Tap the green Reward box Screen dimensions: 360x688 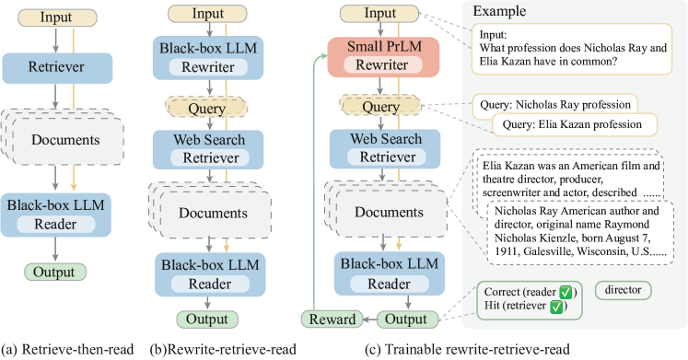(x=330, y=319)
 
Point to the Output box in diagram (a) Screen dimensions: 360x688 (x=55, y=272)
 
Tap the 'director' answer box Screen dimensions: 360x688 (x=623, y=290)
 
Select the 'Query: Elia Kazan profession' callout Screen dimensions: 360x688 (x=573, y=123)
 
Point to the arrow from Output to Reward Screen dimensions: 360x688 (x=364, y=319)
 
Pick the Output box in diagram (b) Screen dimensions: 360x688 (x=207, y=319)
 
